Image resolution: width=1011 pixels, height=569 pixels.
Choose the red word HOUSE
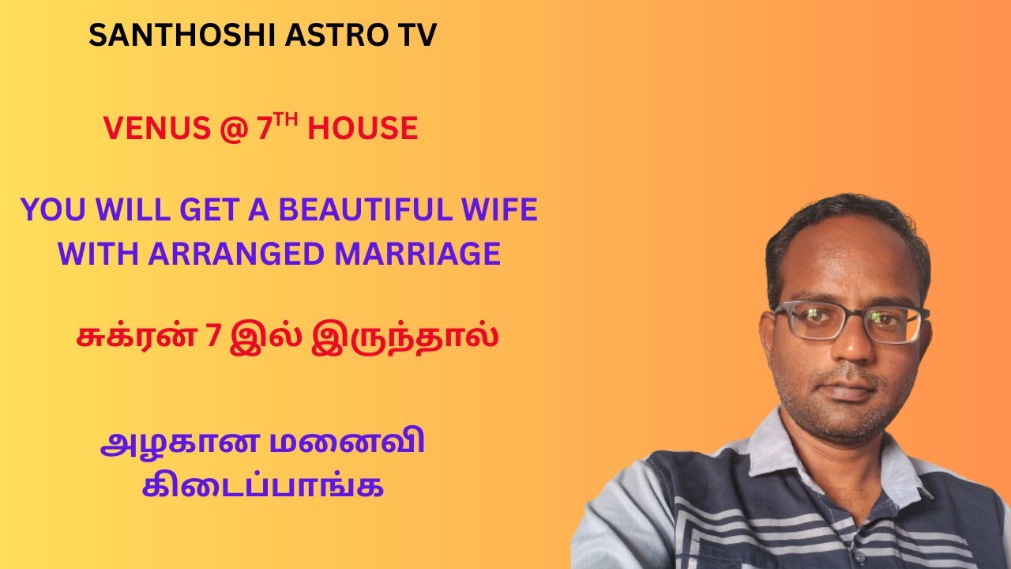tap(363, 129)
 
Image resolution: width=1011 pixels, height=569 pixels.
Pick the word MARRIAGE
tap(419, 254)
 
